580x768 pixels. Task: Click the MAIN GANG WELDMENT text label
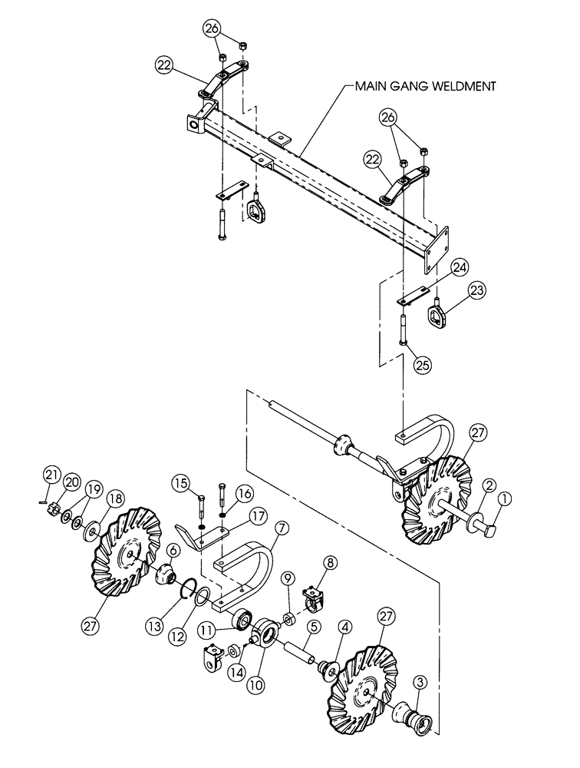(x=424, y=88)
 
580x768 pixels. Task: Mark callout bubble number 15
(x=180, y=484)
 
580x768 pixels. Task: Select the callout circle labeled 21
(x=50, y=472)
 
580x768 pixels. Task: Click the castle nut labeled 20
(x=55, y=509)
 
